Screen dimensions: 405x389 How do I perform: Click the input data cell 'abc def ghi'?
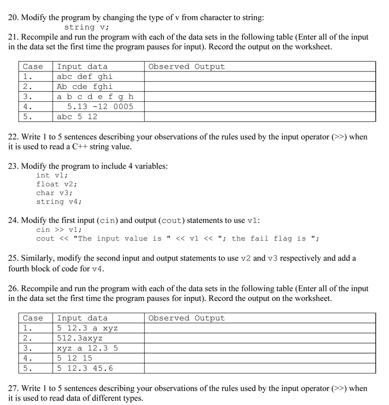click(x=85, y=77)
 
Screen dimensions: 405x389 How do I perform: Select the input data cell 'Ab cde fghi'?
click(x=85, y=87)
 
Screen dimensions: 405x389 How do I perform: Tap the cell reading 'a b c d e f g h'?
click(x=95, y=97)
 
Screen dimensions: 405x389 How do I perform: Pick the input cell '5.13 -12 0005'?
click(x=100, y=107)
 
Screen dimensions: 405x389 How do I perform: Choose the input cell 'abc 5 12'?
click(x=78, y=117)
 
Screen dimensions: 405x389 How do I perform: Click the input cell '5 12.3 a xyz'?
click(x=88, y=328)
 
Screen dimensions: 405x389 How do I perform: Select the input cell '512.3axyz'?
click(x=80, y=338)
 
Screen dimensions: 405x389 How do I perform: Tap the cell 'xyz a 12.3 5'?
click(x=88, y=348)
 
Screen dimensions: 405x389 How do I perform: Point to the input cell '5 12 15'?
click(x=75, y=358)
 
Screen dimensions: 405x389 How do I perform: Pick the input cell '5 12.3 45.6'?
click(x=85, y=368)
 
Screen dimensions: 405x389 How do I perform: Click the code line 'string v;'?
click(x=86, y=27)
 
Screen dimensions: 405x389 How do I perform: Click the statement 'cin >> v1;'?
click(x=59, y=230)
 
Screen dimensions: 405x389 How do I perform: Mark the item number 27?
click(x=14, y=388)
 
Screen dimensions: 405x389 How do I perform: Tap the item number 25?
click(x=14, y=258)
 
